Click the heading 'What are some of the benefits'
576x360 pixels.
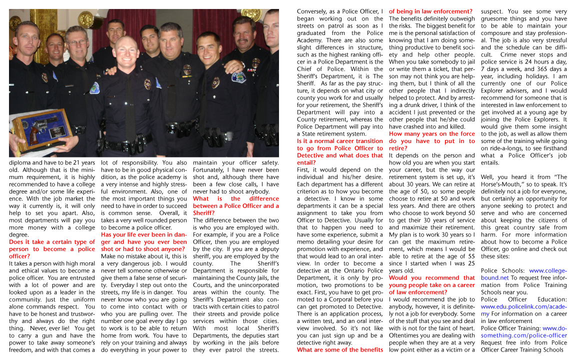(x=339, y=350)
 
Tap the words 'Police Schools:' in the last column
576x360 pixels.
(x=496, y=270)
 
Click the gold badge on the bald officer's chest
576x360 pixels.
(x=147, y=84)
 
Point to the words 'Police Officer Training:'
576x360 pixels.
(x=510, y=328)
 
